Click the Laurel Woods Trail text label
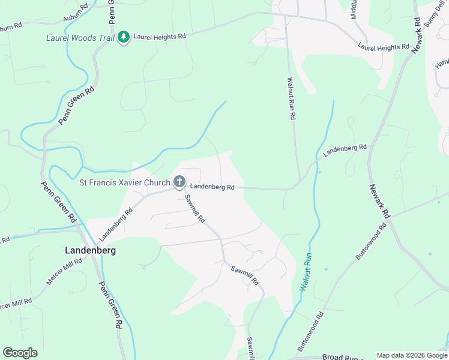click(x=80, y=38)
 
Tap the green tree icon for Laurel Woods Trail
click(x=124, y=37)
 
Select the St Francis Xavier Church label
click(x=124, y=182)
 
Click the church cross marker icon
click(x=179, y=181)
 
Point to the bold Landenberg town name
click(x=90, y=250)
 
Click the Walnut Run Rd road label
click(x=291, y=98)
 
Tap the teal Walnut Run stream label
click(x=306, y=272)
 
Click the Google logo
click(x=20, y=353)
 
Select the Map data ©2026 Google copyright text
click(x=411, y=355)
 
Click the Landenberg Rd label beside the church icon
click(x=213, y=187)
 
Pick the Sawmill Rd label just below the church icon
click(x=195, y=208)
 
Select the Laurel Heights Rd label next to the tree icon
click(x=160, y=37)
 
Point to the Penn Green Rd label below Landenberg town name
click(x=110, y=305)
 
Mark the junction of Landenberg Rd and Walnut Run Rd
click(x=298, y=183)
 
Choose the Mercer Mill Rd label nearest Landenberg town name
click(x=65, y=272)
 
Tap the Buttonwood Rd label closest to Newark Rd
click(x=371, y=242)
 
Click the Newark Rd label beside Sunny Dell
click(x=417, y=35)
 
